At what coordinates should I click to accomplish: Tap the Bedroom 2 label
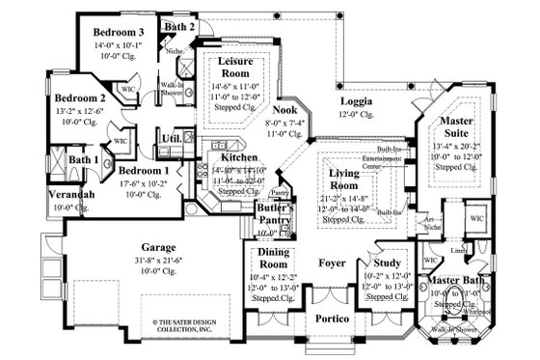click(x=79, y=97)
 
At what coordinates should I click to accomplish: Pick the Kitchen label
click(x=239, y=156)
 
